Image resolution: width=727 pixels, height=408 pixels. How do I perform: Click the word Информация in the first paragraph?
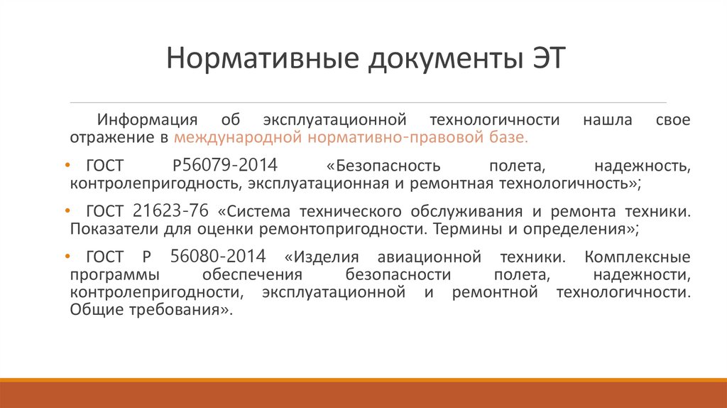(142, 119)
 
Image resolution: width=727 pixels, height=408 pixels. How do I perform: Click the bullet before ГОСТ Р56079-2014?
(76, 166)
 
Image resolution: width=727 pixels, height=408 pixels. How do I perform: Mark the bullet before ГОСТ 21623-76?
(76, 212)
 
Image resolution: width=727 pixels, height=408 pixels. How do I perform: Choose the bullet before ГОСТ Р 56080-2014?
(76, 257)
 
